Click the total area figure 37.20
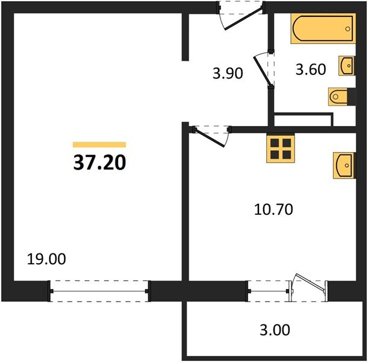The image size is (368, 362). coord(100,163)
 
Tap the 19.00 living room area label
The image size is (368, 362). coord(46,259)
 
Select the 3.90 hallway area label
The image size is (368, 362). coord(228,73)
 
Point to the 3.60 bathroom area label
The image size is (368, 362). coord(311,69)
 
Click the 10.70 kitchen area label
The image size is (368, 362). coord(273,209)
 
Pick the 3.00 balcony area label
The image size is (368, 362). coord(275,330)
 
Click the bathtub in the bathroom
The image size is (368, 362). coord(323,29)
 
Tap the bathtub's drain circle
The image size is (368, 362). coord(348,29)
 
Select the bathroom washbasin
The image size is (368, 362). coord(346,66)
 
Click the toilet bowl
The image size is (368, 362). coord(338,97)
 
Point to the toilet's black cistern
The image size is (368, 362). coord(351,97)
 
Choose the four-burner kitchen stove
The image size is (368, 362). coord(281,149)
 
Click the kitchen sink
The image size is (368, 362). coord(344,165)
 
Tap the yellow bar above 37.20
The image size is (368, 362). coord(99,144)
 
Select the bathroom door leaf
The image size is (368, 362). coord(263,71)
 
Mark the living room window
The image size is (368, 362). coord(99,291)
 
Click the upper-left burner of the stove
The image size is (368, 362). coord(275,142)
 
